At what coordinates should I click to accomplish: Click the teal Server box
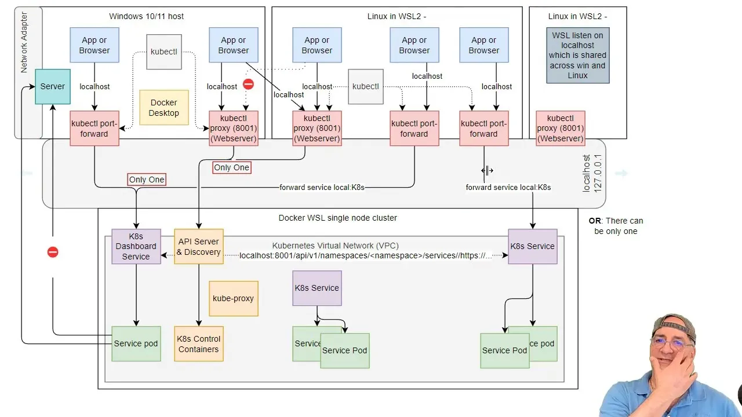[53, 86]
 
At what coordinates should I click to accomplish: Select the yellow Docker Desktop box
[164, 108]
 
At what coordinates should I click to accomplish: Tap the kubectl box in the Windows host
[164, 52]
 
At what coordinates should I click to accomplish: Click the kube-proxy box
[234, 298]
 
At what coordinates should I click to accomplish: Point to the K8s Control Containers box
[199, 344]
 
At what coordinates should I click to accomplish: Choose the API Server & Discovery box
[199, 247]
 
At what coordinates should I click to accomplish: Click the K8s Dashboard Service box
[136, 247]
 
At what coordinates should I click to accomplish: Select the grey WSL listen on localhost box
[578, 55]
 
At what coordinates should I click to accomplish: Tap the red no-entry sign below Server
[53, 252]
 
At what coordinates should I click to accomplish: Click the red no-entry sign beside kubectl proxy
[249, 85]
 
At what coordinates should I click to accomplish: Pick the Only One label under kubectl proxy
[231, 167]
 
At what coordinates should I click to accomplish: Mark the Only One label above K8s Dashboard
[147, 180]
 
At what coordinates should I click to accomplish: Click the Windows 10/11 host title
[147, 16]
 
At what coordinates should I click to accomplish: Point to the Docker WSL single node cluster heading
[337, 218]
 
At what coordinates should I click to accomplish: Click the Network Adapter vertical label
[24, 42]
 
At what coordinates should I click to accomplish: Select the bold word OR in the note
[595, 221]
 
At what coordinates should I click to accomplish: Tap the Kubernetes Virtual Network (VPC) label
[335, 246]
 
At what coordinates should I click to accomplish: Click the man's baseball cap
[673, 326]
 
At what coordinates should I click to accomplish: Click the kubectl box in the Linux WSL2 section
[366, 86]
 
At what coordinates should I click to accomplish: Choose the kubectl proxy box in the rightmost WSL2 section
[561, 129]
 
